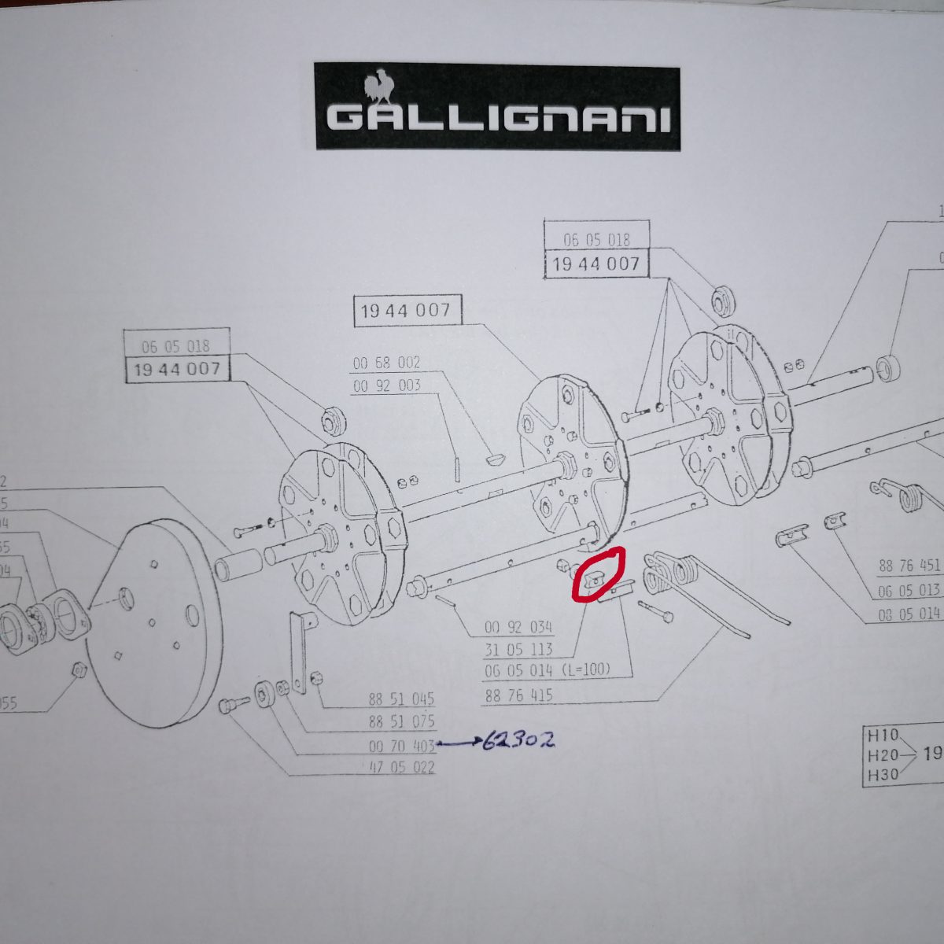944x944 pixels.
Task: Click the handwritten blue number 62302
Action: pyautogui.click(x=518, y=741)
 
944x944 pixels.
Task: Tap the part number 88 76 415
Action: pyautogui.click(x=518, y=695)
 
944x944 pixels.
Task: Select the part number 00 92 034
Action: pyautogui.click(x=518, y=627)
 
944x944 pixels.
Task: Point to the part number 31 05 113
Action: pyautogui.click(x=518, y=650)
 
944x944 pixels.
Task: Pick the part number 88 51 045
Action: pyautogui.click(x=401, y=699)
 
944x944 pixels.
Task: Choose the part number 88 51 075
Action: pyautogui.click(x=401, y=721)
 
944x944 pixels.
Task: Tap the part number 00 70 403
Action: pyautogui.click(x=401, y=745)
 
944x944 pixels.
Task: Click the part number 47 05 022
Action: pyautogui.click(x=401, y=767)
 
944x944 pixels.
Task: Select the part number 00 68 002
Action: pyautogui.click(x=386, y=363)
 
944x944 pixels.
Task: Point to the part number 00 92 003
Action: pyautogui.click(x=386, y=385)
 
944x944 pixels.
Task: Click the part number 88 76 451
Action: pyautogui.click(x=909, y=566)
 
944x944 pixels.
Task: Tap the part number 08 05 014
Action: pyautogui.click(x=909, y=614)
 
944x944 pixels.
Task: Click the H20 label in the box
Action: pyautogui.click(x=883, y=755)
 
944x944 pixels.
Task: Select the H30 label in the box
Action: pyautogui.click(x=883, y=775)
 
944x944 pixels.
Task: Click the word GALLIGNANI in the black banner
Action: pyautogui.click(x=498, y=119)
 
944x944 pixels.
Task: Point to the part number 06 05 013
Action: pyautogui.click(x=909, y=591)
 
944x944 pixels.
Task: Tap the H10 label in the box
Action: pyautogui.click(x=883, y=736)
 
